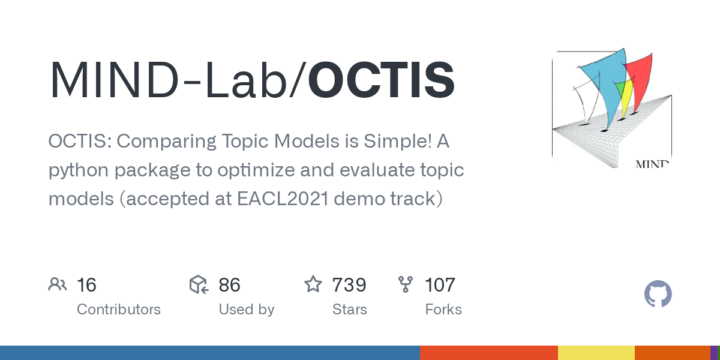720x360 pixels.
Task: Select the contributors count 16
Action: (86, 285)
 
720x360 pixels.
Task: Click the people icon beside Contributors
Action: (58, 284)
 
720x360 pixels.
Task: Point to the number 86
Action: (229, 285)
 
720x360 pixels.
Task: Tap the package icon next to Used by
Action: (199, 284)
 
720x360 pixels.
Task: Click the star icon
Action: (313, 284)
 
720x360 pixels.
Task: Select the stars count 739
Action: (350, 285)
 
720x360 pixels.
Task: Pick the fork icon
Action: (406, 284)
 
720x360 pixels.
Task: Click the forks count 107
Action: (440, 285)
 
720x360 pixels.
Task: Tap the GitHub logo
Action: (658, 295)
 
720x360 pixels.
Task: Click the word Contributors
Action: (119, 310)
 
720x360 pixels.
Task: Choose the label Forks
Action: (443, 310)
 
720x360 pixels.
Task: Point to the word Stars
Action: (350, 310)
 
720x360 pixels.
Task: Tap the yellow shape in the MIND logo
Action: (626, 99)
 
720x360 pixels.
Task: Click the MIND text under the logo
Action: (652, 163)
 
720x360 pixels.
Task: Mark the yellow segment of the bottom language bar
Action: (596, 353)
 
